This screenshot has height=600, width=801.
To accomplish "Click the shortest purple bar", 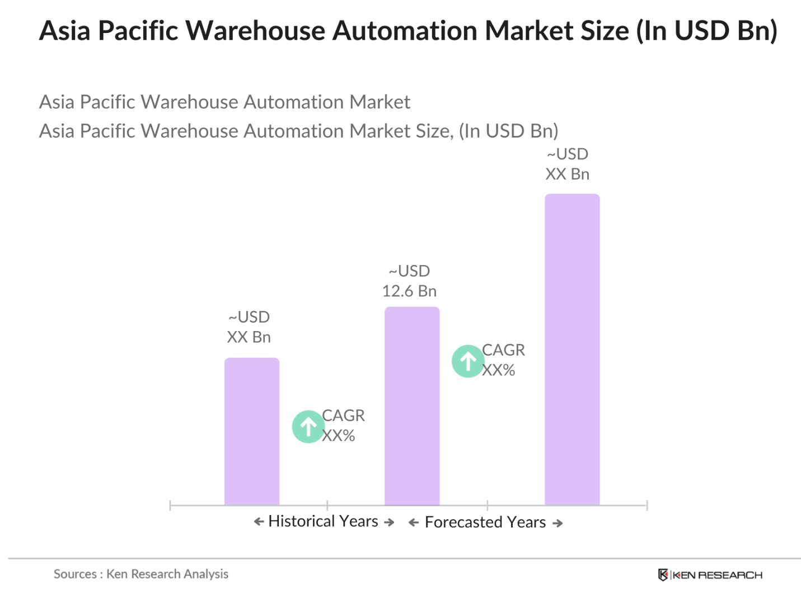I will click(252, 431).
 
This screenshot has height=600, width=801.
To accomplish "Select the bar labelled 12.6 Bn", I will click(412, 406).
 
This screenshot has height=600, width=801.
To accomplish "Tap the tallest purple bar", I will click(572, 349).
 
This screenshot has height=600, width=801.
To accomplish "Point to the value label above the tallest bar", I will click(568, 164).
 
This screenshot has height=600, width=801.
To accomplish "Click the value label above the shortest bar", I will click(249, 327).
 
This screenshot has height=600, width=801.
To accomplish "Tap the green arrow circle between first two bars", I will click(308, 427).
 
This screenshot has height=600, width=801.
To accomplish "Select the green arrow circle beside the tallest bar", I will click(468, 361).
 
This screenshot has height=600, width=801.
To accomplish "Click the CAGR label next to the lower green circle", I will click(343, 426).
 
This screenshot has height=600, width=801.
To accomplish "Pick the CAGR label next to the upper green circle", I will click(503, 360).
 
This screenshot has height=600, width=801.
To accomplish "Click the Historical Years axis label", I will click(324, 521).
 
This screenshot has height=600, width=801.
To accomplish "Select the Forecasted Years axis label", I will click(485, 522).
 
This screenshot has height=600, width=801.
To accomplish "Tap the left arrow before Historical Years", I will click(259, 522).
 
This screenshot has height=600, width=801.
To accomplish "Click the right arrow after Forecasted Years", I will click(558, 523).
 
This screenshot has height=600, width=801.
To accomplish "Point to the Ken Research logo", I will click(710, 575).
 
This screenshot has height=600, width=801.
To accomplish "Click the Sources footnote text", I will click(141, 574).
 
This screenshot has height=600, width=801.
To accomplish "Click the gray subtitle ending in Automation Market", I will click(224, 102).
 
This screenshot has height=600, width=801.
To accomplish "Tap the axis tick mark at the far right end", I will click(647, 505).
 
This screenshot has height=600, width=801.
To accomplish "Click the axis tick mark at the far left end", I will click(170, 505).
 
